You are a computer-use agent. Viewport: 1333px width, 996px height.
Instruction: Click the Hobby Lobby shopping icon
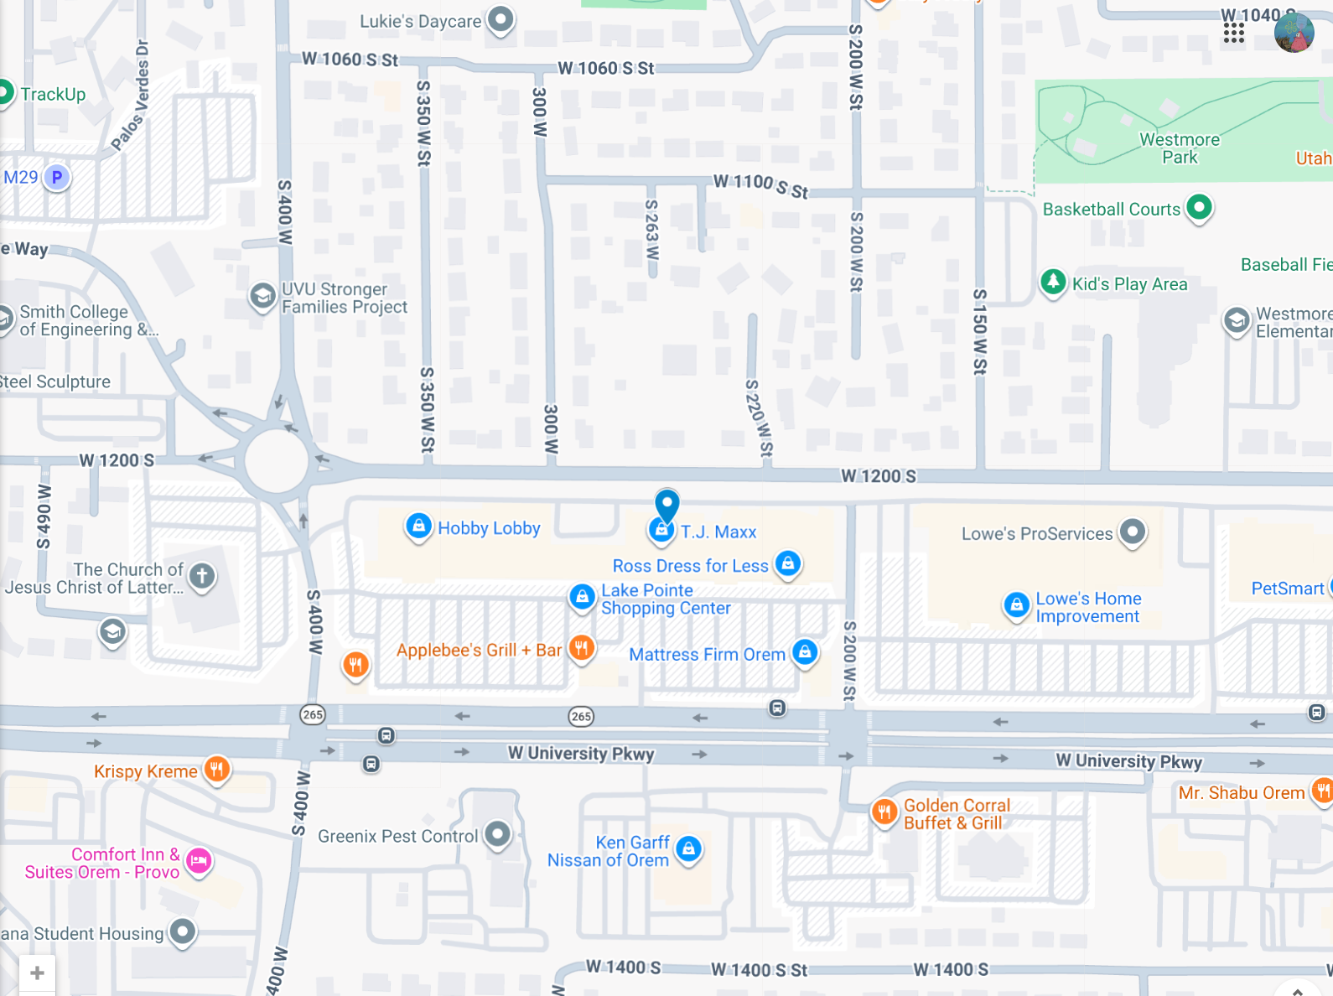pyautogui.click(x=418, y=527)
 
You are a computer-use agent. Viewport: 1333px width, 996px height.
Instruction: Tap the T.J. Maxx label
pyautogui.click(x=718, y=532)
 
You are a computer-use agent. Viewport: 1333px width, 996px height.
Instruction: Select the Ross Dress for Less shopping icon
pyautogui.click(x=788, y=563)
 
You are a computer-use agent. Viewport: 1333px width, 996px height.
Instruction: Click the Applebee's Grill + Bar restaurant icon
pyautogui.click(x=582, y=647)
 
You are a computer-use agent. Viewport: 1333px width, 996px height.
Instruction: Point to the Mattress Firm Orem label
pyautogui.click(x=707, y=655)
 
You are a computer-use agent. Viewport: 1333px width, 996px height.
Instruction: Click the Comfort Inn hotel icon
pyautogui.click(x=199, y=860)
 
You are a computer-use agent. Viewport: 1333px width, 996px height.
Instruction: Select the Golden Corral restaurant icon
pyautogui.click(x=884, y=811)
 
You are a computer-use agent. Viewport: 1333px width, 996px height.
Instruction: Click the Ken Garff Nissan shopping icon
pyautogui.click(x=688, y=848)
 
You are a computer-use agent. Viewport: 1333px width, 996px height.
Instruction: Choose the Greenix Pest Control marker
pyautogui.click(x=498, y=834)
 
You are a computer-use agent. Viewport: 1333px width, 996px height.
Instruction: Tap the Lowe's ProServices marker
pyautogui.click(x=1133, y=531)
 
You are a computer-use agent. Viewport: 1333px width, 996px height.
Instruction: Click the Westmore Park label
pyautogui.click(x=1180, y=148)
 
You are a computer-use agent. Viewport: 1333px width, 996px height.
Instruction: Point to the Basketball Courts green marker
pyautogui.click(x=1200, y=207)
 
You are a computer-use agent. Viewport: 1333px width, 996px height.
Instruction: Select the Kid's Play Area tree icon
pyautogui.click(x=1053, y=282)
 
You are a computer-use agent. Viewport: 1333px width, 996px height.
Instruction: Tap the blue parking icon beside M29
pyautogui.click(x=57, y=177)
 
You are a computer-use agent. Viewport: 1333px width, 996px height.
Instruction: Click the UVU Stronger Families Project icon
pyautogui.click(x=262, y=296)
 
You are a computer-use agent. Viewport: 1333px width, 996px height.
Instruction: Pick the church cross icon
pyautogui.click(x=202, y=576)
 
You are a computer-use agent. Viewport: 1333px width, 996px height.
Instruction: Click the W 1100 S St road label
pyautogui.click(x=760, y=186)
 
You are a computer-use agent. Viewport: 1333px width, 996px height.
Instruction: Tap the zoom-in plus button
pyautogui.click(x=37, y=973)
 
